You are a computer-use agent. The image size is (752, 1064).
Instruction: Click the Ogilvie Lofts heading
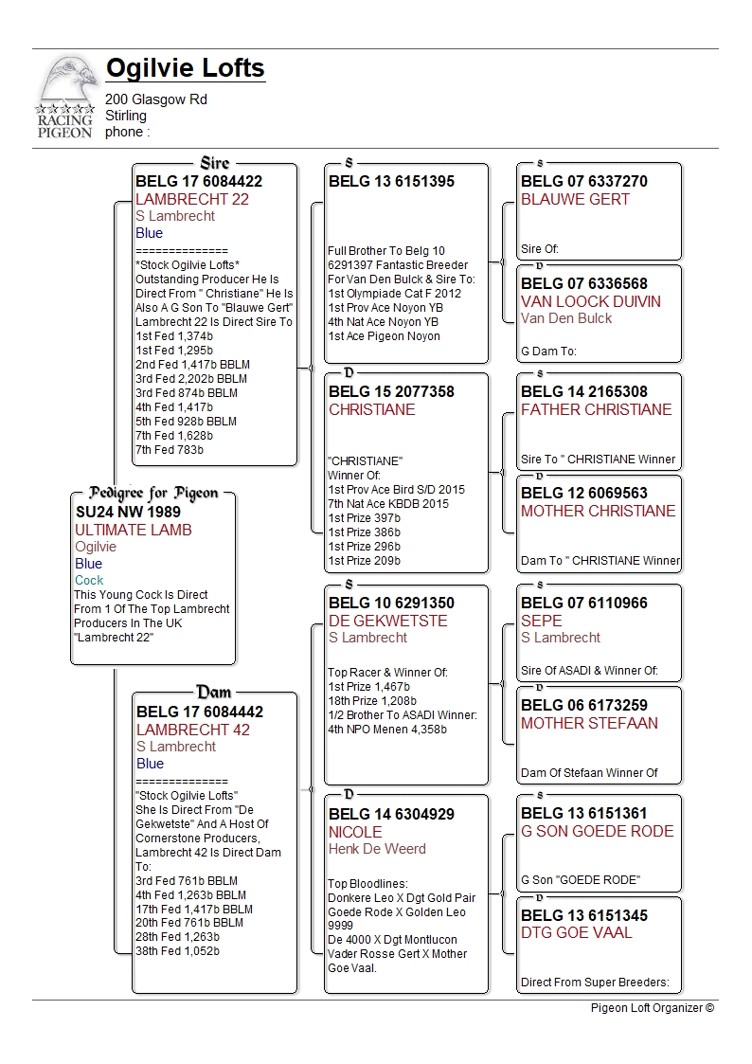186,69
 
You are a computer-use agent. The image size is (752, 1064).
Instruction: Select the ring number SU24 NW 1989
128,512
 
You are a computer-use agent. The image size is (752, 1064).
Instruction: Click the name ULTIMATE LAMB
134,530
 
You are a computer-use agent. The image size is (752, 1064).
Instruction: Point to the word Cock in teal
89,580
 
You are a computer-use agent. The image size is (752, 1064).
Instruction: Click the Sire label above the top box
215,164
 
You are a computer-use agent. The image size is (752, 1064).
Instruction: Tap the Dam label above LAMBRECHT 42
214,693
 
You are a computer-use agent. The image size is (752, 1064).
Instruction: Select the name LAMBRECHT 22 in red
192,199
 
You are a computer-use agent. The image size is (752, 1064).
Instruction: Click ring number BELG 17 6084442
200,712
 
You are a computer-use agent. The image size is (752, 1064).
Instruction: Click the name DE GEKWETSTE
387,621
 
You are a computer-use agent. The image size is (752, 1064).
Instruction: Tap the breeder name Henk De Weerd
377,849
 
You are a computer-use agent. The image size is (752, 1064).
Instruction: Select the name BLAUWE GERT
575,199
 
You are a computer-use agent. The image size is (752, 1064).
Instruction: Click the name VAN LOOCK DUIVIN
591,301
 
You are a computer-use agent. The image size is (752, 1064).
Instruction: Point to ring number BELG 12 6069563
584,494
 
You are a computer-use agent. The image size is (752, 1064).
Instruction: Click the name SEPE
542,621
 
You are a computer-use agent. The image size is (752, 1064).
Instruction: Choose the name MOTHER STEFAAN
589,723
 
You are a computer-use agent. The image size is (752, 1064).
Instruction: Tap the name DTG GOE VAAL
577,933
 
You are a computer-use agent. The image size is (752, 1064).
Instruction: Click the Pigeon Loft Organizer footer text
652,1008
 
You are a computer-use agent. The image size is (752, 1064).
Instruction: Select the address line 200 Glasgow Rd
156,99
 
